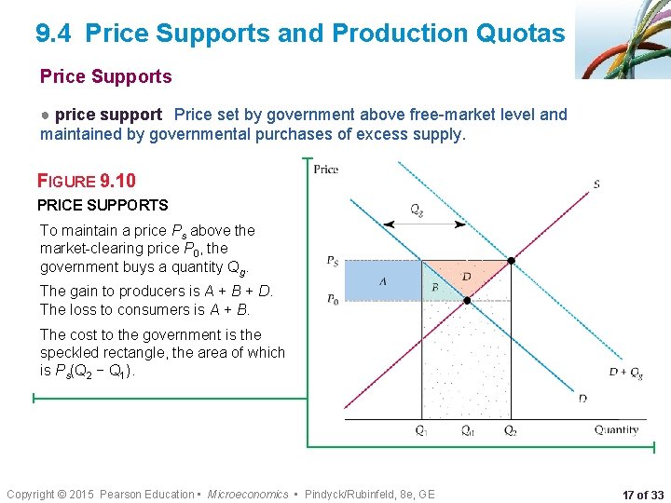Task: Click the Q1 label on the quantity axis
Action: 422,430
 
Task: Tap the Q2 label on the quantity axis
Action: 511,430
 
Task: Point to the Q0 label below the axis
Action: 467,430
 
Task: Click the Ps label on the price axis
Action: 333,261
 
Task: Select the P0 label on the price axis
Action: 333,299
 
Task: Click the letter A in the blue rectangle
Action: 382,281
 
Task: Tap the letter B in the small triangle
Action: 435,288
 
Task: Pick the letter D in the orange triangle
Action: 467,278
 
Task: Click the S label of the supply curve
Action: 596,184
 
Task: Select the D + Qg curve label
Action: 624,373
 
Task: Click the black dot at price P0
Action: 467,300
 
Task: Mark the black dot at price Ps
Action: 511,261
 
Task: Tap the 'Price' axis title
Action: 326,169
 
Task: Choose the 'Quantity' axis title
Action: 616,429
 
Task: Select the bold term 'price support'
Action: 108,115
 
